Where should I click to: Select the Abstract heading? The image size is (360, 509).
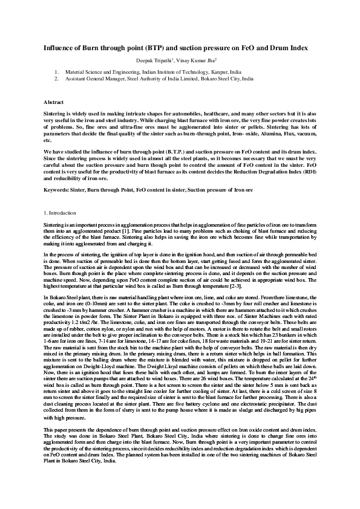(x=54, y=103)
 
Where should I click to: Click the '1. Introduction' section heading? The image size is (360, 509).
(x=60, y=213)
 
